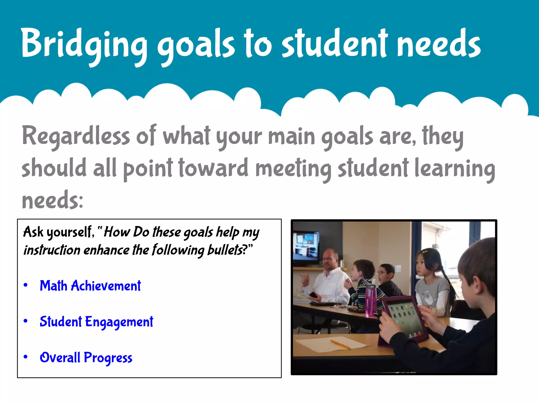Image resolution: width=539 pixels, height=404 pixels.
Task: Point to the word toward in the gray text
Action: [213, 168]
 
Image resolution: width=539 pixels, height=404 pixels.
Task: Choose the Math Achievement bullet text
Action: [90, 286]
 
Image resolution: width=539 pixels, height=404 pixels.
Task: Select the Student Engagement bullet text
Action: [96, 322]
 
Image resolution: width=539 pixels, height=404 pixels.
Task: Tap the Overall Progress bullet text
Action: [86, 358]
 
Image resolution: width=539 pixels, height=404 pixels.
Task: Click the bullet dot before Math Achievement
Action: [26, 285]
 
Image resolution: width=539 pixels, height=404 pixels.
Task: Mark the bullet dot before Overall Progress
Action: [26, 357]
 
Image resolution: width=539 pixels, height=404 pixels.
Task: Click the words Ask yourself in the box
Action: [58, 232]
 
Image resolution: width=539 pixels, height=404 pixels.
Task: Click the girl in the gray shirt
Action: [432, 279]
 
